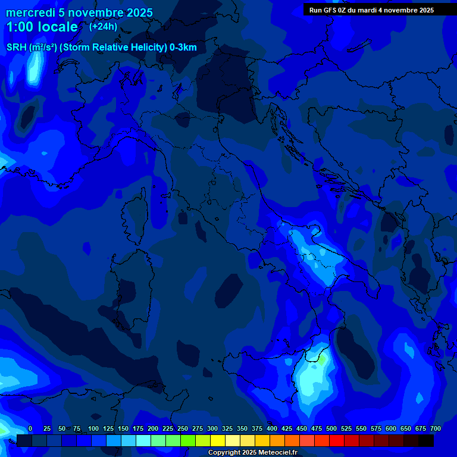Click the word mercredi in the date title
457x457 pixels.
(31, 12)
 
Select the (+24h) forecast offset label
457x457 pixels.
(103, 26)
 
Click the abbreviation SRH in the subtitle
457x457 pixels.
(16, 48)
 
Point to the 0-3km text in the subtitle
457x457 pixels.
(183, 48)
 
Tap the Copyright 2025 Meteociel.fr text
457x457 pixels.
(252, 453)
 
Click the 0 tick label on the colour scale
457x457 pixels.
(30, 428)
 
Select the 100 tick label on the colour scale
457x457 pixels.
(93, 428)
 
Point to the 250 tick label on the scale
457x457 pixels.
(182, 428)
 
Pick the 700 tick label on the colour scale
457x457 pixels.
(435, 428)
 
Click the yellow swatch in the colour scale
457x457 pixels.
(218, 440)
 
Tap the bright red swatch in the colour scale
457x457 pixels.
(337, 440)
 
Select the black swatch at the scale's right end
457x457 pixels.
(426, 440)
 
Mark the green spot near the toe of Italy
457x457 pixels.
(321, 359)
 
